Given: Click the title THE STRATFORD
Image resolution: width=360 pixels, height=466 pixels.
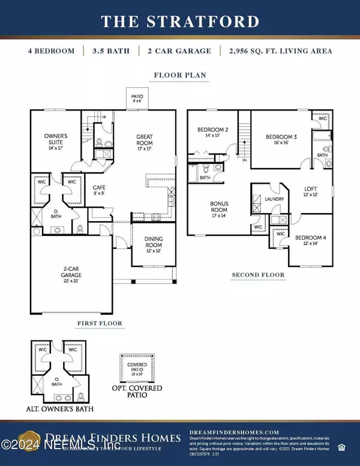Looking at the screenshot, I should [179, 22].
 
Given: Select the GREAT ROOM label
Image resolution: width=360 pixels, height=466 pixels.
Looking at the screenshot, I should [145, 140].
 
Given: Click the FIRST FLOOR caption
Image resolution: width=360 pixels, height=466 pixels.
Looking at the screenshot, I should [100, 324].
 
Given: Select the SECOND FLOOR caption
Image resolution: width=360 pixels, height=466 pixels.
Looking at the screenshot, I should [258, 275].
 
